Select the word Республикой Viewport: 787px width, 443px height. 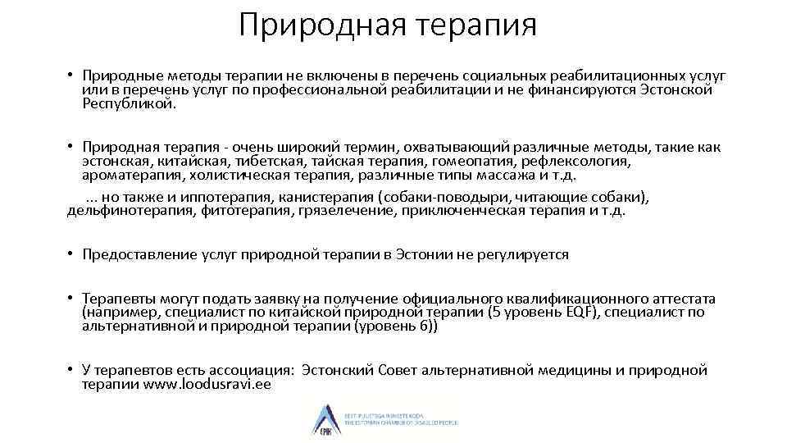point(129,103)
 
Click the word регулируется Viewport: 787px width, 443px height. point(524,254)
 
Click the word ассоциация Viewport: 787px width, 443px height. point(244,370)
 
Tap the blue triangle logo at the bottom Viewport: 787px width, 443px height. point(321,418)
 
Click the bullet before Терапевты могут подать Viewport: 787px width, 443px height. point(71,298)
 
